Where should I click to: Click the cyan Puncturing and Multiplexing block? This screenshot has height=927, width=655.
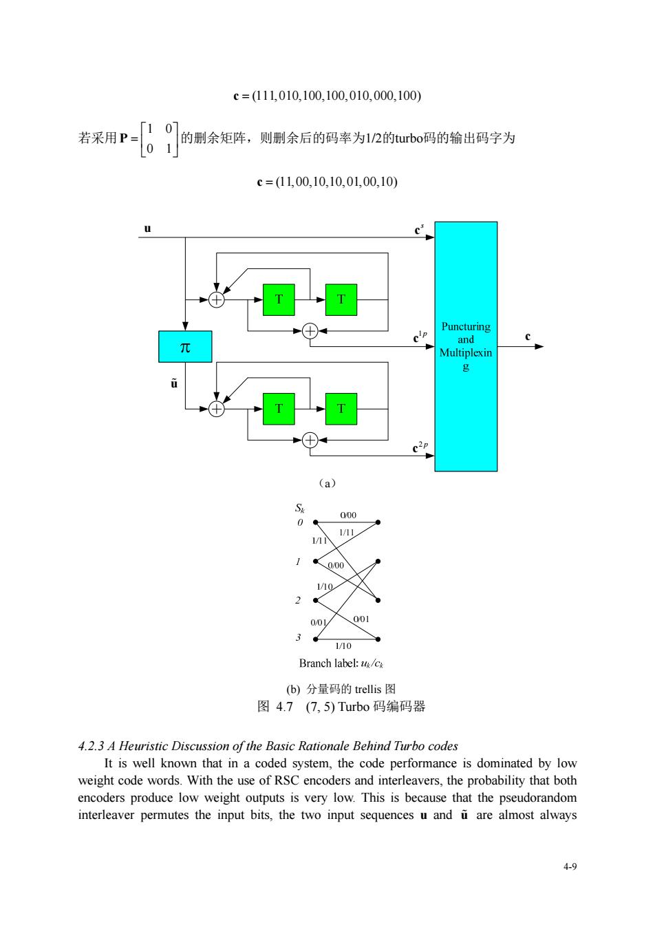pos(466,346)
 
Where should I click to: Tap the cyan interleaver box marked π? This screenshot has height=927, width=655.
pos(185,346)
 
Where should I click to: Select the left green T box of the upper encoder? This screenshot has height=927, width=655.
pos(279,299)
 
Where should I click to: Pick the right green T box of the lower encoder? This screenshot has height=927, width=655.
pos(341,409)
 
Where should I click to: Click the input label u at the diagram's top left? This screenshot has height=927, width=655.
pos(148,228)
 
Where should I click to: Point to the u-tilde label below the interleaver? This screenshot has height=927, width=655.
pos(174,383)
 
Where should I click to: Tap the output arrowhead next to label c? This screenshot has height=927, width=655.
pos(539,346)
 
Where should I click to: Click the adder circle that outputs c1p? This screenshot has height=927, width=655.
pos(310,331)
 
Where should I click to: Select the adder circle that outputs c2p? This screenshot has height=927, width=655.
pos(310,440)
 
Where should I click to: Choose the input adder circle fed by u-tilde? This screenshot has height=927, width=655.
pos(217,409)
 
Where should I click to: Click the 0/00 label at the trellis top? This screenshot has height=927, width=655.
pos(348,515)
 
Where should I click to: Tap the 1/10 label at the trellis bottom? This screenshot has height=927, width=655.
pos(343,646)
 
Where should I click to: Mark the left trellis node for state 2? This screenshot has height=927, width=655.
pos(316,600)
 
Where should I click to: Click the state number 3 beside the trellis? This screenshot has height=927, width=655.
pos(299,637)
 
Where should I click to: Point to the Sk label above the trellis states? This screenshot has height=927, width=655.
pos(300,508)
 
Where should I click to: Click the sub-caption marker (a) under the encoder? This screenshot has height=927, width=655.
pos(327,483)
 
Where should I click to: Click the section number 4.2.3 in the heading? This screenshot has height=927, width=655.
pos(91,746)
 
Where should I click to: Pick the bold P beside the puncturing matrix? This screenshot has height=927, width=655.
pos(124,138)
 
